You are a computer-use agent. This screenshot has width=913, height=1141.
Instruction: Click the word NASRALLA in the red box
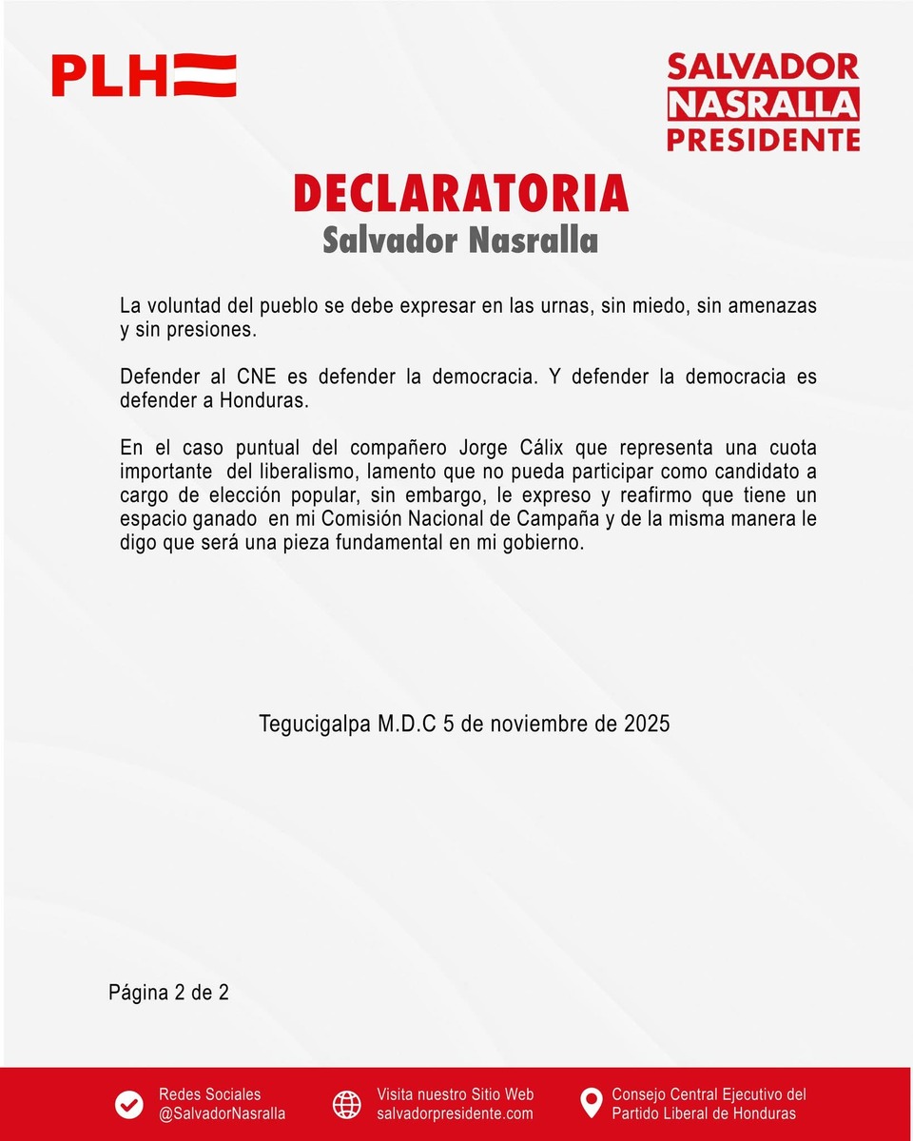click(x=763, y=104)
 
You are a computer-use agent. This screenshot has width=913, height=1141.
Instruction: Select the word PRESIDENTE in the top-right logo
click(x=763, y=140)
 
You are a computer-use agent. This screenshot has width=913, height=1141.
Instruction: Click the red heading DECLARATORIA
click(x=461, y=193)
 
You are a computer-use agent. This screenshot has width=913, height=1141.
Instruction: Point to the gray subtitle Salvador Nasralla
click(x=460, y=240)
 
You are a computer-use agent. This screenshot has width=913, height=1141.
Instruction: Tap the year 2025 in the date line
click(x=647, y=724)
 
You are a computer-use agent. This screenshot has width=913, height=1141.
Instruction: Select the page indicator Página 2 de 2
click(x=168, y=993)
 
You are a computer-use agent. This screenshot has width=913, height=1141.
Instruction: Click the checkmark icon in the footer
click(x=129, y=1104)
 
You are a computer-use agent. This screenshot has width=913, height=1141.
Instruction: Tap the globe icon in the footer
click(x=347, y=1104)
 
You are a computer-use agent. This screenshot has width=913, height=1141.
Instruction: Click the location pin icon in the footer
click(x=592, y=1104)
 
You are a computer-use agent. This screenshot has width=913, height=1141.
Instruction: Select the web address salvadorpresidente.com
click(x=455, y=1113)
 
